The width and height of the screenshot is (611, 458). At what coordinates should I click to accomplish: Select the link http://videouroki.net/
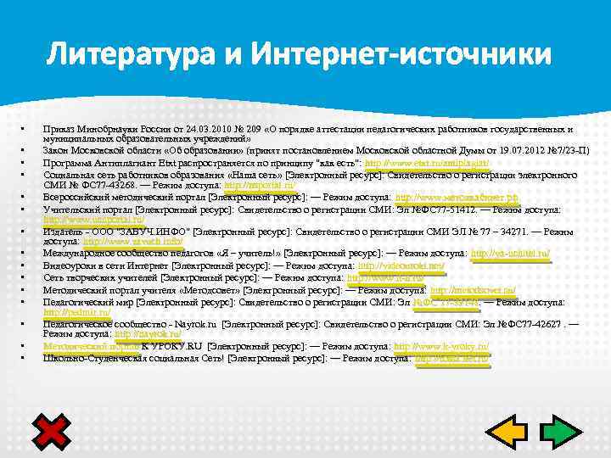coord(390,265)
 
